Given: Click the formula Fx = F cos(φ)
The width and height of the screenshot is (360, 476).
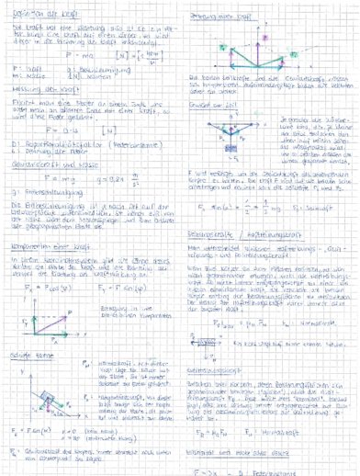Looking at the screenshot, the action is pos(41,289).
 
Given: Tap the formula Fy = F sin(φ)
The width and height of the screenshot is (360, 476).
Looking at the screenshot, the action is pos(128,289).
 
